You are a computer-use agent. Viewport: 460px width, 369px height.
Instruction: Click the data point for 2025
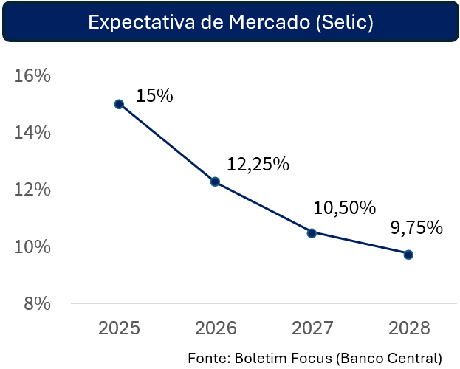click(x=119, y=104)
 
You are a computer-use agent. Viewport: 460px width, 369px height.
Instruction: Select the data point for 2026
click(x=215, y=182)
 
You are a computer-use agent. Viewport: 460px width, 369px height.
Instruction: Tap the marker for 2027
click(x=312, y=233)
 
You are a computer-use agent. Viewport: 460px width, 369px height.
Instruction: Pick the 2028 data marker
click(x=408, y=255)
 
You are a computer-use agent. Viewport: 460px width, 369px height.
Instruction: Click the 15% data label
click(x=154, y=95)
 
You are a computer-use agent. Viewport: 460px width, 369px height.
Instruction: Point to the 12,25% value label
click(x=258, y=164)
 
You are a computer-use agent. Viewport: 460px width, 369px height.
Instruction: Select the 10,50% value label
click(x=345, y=208)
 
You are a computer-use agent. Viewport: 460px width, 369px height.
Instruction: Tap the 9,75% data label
click(x=416, y=227)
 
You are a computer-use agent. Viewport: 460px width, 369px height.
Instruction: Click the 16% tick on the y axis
click(x=32, y=76)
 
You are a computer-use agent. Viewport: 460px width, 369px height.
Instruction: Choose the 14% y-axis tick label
click(x=32, y=133)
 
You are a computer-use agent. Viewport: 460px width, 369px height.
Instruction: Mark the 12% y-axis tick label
click(x=32, y=190)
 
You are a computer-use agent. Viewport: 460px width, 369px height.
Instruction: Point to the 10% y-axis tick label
click(x=32, y=246)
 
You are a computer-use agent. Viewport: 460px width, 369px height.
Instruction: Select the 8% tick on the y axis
click(x=35, y=303)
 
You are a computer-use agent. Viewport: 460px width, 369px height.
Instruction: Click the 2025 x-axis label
click(x=119, y=328)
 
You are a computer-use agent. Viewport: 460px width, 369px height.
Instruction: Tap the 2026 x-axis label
click(x=215, y=328)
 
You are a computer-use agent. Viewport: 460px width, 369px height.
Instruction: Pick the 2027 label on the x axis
click(x=312, y=328)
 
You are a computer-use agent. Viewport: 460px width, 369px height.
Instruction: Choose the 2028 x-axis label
click(x=408, y=328)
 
